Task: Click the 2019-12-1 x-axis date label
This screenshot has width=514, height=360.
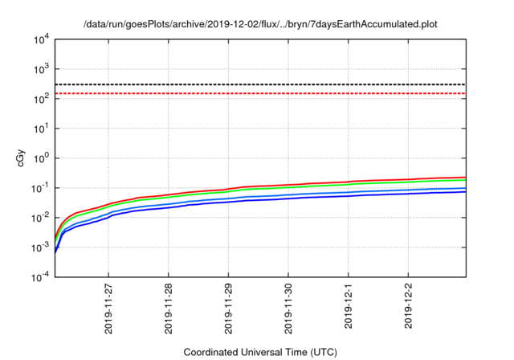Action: point(349,307)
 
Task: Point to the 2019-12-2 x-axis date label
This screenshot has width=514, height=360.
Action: point(408,307)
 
